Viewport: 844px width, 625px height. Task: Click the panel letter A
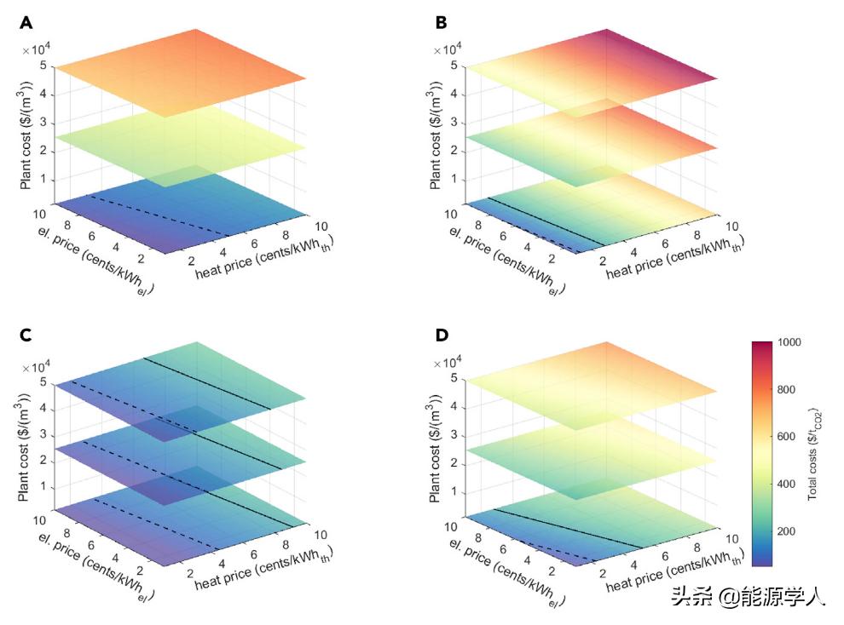(x=26, y=23)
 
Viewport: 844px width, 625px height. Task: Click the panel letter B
(x=442, y=23)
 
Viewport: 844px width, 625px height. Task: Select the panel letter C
(x=26, y=335)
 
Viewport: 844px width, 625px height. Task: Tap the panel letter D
(x=442, y=335)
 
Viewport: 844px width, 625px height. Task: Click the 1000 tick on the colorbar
(x=789, y=342)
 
